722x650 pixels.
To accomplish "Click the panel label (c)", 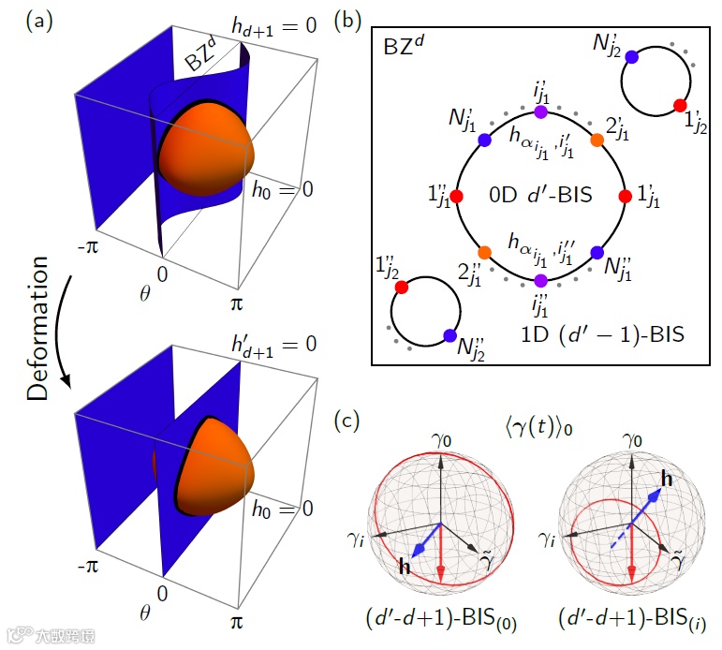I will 349,421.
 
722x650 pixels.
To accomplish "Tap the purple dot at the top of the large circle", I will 540,112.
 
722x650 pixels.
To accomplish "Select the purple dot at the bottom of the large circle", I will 540,280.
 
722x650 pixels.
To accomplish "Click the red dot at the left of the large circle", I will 456,197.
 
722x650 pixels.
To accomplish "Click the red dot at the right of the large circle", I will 625,197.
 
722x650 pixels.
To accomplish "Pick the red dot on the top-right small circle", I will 681,104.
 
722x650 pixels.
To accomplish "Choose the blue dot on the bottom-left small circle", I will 449,335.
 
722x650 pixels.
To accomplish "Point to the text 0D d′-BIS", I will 540,197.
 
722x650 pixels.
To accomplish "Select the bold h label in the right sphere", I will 666,479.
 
